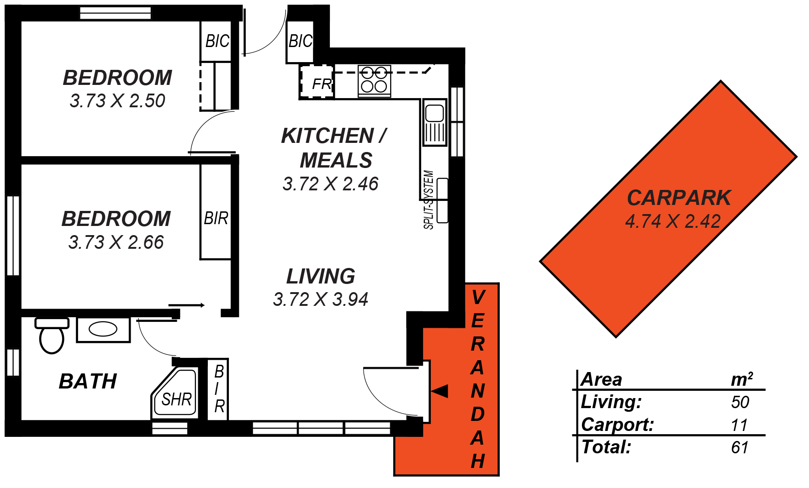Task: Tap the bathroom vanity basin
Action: tap(103, 329)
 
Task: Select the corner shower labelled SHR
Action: tap(176, 396)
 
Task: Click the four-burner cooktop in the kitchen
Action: tap(374, 80)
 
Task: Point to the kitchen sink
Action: tap(434, 122)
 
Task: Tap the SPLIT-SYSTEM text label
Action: tap(428, 199)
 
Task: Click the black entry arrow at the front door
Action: tap(439, 391)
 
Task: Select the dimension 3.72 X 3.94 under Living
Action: tap(320, 299)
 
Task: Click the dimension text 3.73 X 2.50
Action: tap(117, 101)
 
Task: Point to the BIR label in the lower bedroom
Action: tap(216, 219)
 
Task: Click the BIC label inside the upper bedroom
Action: tap(217, 42)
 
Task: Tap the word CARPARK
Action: tap(679, 198)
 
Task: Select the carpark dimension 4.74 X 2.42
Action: tap(672, 221)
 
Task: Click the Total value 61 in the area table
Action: tap(740, 447)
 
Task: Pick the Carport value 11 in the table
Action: tap(739, 425)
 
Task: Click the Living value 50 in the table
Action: tap(740, 402)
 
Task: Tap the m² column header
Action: tap(741, 379)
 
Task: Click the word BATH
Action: tap(88, 382)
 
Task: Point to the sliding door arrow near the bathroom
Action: tap(186, 305)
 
